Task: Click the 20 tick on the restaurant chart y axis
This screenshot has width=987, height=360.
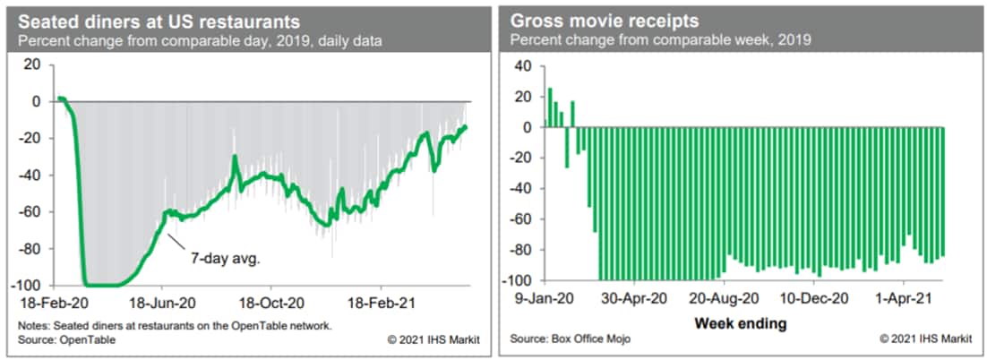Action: click(x=32, y=65)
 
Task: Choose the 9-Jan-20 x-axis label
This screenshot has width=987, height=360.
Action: click(x=539, y=297)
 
